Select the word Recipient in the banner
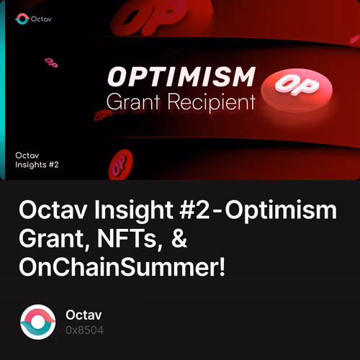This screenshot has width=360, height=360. tap(214, 103)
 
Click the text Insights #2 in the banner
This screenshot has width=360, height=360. tap(37, 164)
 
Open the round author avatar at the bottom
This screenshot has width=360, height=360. tap(37, 322)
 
